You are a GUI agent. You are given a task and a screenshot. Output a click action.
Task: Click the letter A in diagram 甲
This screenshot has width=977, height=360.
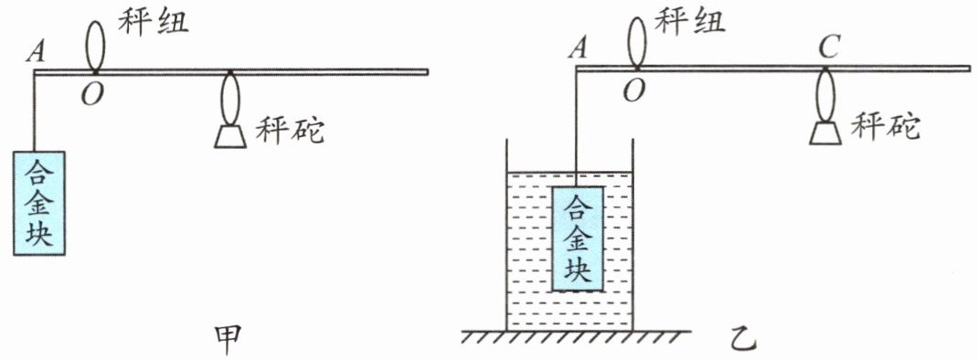pyautogui.click(x=37, y=53)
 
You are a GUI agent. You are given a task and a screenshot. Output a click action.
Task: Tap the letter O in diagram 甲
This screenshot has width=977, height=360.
pyautogui.click(x=92, y=95)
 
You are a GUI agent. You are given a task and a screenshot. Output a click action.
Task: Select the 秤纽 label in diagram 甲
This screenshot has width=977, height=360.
pyautogui.click(x=154, y=23)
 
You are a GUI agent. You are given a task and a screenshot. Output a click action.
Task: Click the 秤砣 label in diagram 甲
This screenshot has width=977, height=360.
pyautogui.click(x=290, y=131)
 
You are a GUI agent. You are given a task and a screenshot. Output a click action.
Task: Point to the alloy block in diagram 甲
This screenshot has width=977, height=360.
pyautogui.click(x=39, y=203)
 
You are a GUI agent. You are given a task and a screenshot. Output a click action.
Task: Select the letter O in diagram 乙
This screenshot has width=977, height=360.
pyautogui.click(x=633, y=91)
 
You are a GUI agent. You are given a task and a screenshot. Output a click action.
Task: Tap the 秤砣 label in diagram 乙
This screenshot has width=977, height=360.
pyautogui.click(x=886, y=129)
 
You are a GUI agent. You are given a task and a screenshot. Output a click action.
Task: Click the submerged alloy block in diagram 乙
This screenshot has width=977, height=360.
pyautogui.click(x=578, y=238)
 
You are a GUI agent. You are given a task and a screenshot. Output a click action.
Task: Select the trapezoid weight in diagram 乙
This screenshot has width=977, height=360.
pyautogui.click(x=827, y=133)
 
